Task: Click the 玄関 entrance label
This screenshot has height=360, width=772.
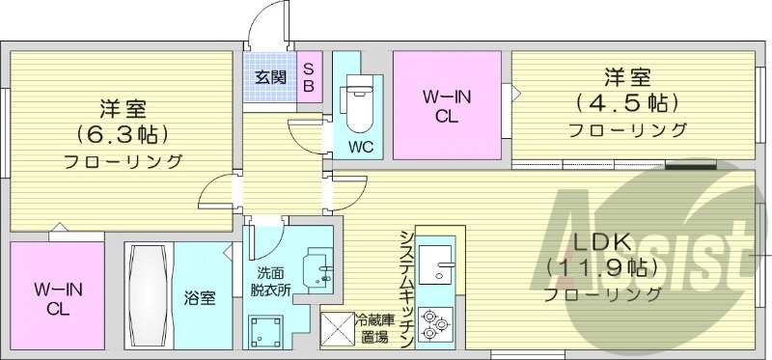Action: (x=270, y=77)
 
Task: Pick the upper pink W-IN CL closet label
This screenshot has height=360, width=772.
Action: (x=445, y=106)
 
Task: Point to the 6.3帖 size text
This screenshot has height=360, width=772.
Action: (x=123, y=133)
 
